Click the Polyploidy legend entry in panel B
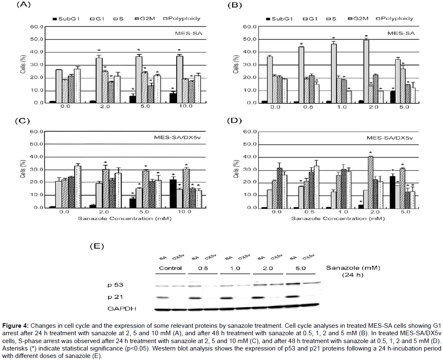pos(396,18)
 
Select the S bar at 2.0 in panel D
pos(371,182)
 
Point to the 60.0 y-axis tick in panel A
pos(36,27)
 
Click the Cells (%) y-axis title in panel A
pos(23,65)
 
